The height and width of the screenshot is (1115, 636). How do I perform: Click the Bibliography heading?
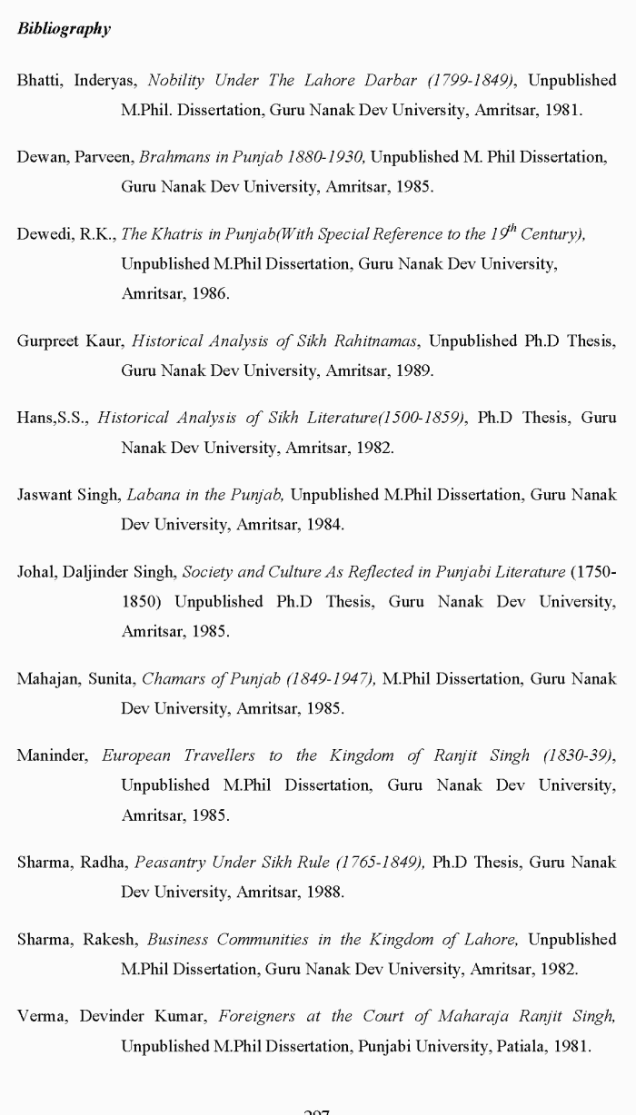(x=64, y=29)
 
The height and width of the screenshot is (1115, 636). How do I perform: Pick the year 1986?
(x=211, y=294)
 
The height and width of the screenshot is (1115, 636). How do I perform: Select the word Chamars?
(x=172, y=678)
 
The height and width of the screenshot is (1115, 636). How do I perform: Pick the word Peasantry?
(x=171, y=863)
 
